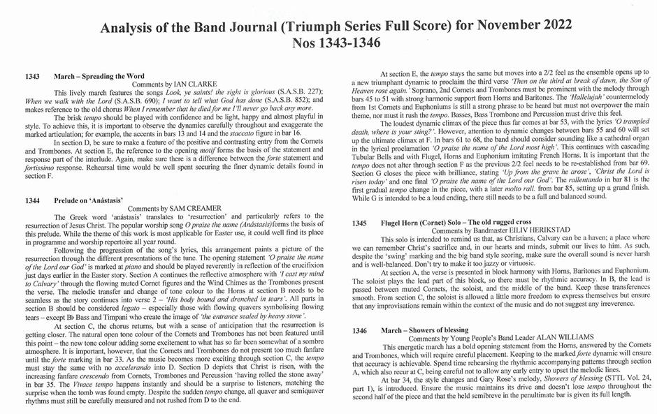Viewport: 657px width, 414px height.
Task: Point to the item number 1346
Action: [x=360, y=330]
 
